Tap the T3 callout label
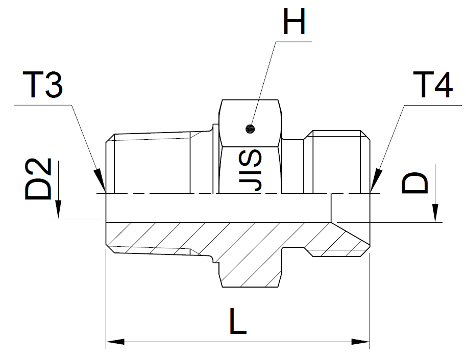click(x=43, y=85)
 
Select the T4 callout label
click(x=433, y=85)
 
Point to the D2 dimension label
click(x=38, y=179)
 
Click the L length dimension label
click(x=238, y=321)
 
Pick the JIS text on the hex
click(x=250, y=170)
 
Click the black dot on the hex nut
click(x=250, y=128)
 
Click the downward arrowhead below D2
click(x=58, y=210)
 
